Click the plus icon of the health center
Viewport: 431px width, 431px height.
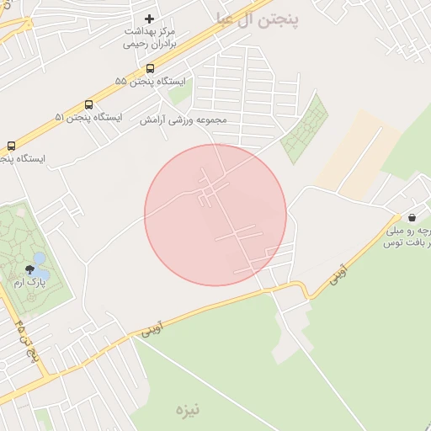(x=150, y=19)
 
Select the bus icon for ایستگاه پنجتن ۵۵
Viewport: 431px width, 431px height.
(x=150, y=68)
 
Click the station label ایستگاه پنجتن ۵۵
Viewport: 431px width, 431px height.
(x=144, y=82)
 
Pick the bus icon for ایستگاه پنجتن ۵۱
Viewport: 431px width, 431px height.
(x=88, y=104)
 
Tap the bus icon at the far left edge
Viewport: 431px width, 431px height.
(x=11, y=145)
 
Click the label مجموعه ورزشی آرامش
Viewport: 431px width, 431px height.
(x=184, y=120)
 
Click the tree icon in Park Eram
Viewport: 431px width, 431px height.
(x=30, y=269)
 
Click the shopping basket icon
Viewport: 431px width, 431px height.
(x=411, y=216)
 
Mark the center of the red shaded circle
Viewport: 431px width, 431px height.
(x=215, y=215)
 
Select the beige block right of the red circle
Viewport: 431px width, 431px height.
(x=358, y=152)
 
